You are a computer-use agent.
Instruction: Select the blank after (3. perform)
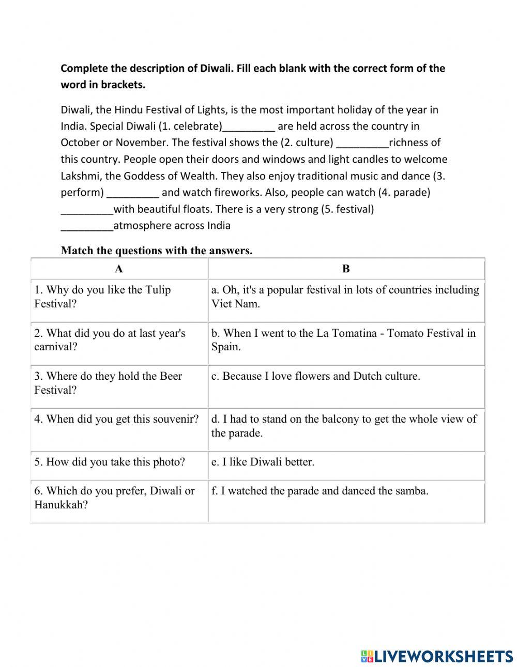tap(133, 193)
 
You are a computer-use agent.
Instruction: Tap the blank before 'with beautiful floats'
tap(87, 210)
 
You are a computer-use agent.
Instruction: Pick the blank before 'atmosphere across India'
tap(87, 226)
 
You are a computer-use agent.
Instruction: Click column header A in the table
tap(119, 269)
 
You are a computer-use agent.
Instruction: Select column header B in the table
tap(346, 269)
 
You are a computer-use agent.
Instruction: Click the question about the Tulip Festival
tap(102, 297)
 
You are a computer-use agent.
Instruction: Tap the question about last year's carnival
tap(110, 340)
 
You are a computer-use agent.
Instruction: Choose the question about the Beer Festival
tap(108, 383)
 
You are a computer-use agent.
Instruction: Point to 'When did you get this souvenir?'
tap(116, 419)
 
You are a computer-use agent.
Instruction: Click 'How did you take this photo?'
tap(110, 462)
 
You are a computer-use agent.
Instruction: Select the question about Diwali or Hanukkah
tap(114, 498)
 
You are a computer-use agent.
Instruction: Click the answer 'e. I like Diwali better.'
tap(263, 462)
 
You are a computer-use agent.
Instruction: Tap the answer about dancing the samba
tap(320, 491)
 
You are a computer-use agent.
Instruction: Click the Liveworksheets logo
tap(437, 656)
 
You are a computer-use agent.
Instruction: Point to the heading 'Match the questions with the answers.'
tap(157, 251)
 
